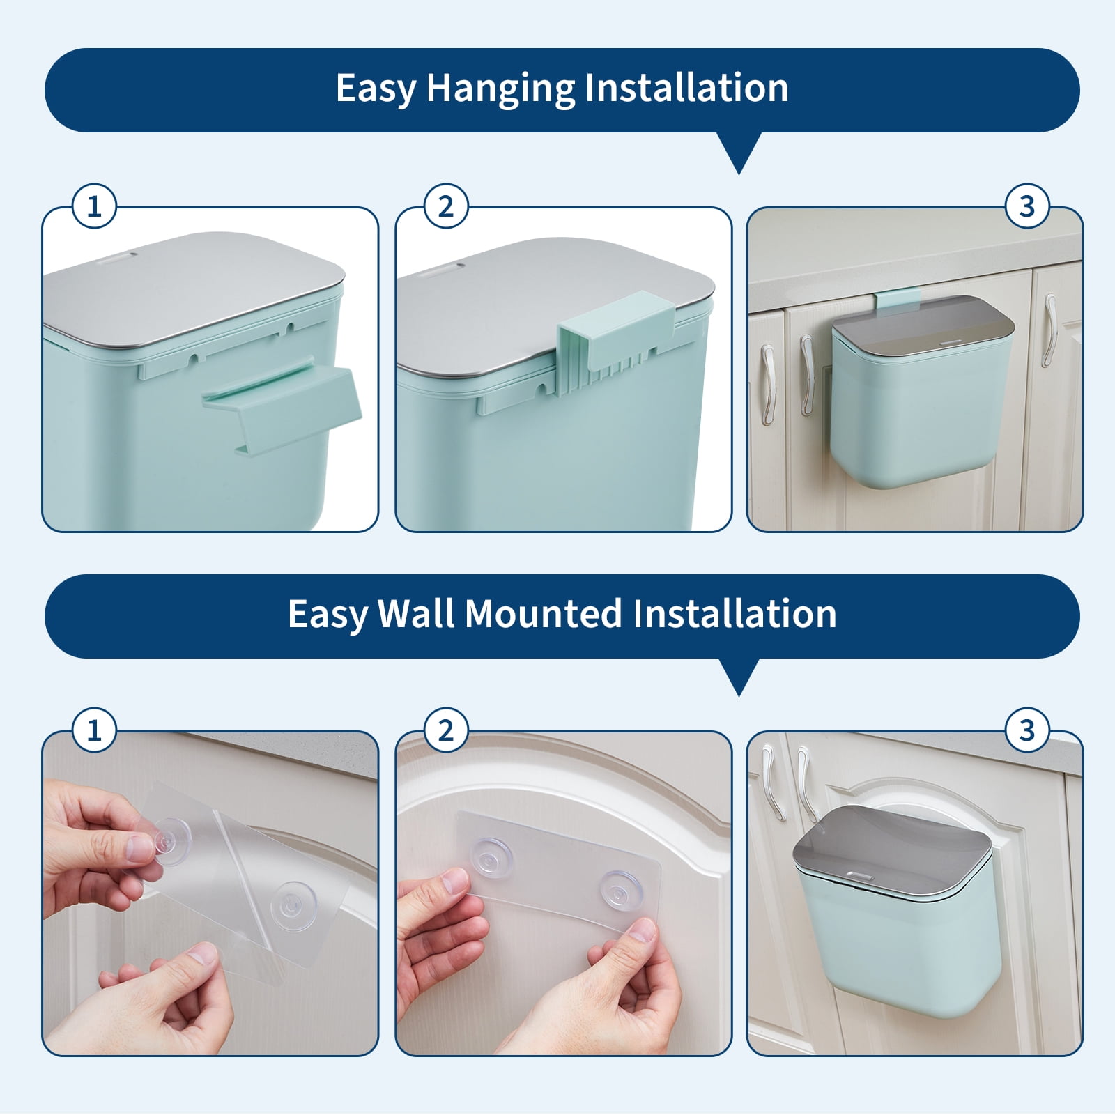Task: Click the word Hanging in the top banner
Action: (500, 89)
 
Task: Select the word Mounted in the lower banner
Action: (543, 614)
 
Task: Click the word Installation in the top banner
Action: (686, 88)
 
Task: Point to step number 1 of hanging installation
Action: (94, 206)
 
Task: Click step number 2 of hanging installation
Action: (446, 206)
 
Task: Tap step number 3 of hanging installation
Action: (1026, 206)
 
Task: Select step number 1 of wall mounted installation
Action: (94, 730)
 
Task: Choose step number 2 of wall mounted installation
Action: (446, 730)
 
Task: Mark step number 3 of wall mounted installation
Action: (1026, 730)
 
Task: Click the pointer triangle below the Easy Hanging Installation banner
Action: (738, 153)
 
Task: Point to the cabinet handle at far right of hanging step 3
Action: (1049, 330)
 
